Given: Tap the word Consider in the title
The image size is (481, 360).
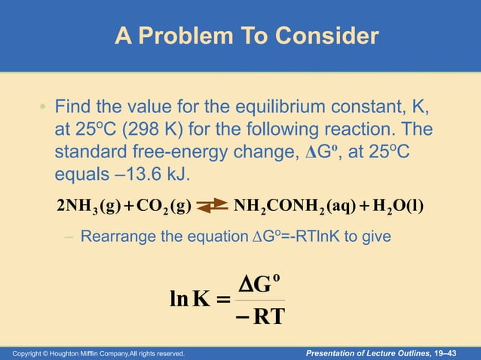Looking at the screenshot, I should pyautogui.click(x=329, y=36).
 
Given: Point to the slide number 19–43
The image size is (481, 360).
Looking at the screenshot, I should pyautogui.click(x=456, y=352).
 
